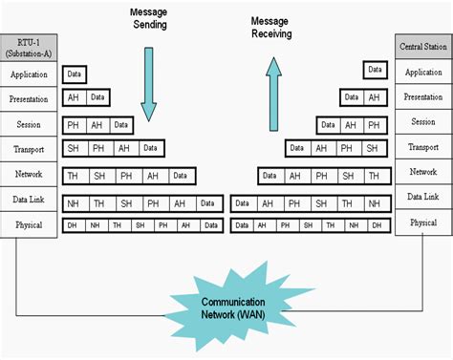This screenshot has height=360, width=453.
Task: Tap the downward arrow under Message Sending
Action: [147, 76]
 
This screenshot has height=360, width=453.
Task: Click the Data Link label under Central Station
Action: [423, 196]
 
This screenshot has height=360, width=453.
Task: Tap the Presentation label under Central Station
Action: [423, 96]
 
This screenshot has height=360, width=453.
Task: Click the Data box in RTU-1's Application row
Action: [75, 73]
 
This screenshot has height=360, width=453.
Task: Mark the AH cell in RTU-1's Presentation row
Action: [73, 97]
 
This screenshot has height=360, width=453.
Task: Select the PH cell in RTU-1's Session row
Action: [73, 124]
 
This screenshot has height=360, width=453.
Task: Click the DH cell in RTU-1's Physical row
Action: [73, 224]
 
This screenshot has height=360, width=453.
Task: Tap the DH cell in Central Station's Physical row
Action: [377, 224]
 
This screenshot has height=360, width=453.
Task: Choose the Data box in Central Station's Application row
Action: [375, 70]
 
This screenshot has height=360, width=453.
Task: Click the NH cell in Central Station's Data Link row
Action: [375, 203]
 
